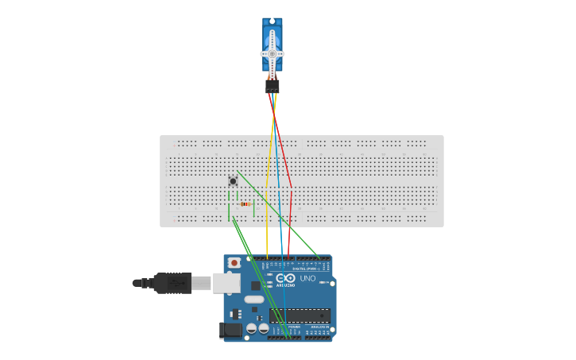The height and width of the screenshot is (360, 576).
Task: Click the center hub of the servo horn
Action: tap(273, 54)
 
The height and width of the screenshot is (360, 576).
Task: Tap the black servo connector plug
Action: tap(273, 86)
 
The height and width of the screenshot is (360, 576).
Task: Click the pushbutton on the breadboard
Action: tap(233, 180)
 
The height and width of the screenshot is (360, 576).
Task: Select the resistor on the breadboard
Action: tap(245, 204)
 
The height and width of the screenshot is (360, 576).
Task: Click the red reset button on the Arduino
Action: tap(234, 262)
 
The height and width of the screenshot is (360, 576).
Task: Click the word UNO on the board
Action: tap(307, 278)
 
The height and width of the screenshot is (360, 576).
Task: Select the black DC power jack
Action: tap(232, 329)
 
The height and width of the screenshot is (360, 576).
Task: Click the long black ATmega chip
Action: tap(300, 315)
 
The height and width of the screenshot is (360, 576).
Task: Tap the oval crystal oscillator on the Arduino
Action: tap(253, 300)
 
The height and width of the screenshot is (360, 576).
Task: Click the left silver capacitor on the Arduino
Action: tap(252, 327)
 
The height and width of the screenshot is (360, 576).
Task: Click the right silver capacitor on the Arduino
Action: tap(263, 327)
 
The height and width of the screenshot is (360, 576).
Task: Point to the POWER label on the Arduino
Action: tap(293, 326)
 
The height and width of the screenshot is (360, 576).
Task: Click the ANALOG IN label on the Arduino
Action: tap(319, 326)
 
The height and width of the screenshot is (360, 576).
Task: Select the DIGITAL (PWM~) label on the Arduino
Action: tap(306, 269)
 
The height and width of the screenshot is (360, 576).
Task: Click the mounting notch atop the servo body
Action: tap(273, 21)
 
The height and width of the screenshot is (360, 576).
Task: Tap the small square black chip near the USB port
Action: tap(256, 285)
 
